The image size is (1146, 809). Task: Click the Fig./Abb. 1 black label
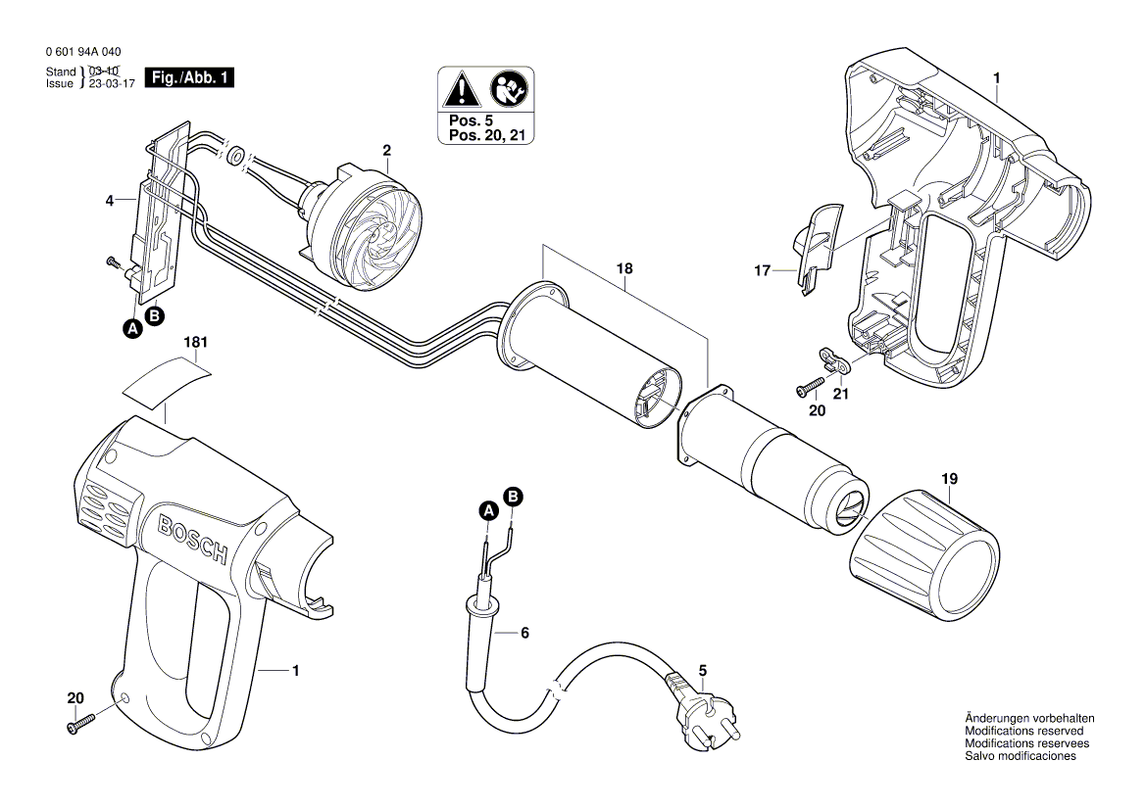tap(189, 78)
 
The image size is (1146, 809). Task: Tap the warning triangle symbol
tap(459, 91)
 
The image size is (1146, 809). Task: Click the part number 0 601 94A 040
tap(83, 52)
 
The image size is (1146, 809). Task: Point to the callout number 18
tap(624, 268)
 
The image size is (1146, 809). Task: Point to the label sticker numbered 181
tap(167, 380)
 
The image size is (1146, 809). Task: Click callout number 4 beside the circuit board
tap(110, 202)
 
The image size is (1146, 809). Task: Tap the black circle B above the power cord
tap(513, 497)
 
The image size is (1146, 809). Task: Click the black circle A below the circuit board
tap(132, 330)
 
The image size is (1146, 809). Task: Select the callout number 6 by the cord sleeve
tap(524, 633)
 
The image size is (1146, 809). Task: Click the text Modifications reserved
tap(1023, 731)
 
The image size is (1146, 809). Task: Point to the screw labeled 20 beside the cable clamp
tap(811, 387)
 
